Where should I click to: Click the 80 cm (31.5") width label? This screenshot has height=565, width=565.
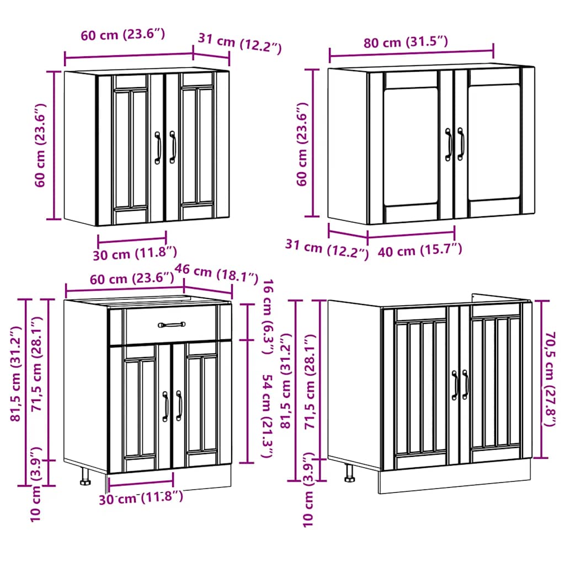tap(405, 42)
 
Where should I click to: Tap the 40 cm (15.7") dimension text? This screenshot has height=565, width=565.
tap(420, 250)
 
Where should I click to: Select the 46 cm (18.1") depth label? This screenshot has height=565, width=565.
tap(216, 272)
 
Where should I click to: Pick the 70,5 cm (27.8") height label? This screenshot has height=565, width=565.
tap(549, 379)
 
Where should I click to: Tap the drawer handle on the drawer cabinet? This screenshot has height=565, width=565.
tap(171, 325)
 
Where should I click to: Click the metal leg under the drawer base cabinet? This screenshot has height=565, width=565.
tap(86, 476)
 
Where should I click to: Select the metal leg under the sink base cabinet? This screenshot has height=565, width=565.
tap(349, 472)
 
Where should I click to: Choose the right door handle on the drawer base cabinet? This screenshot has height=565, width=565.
tap(179, 406)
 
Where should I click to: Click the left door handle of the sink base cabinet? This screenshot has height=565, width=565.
tap(455, 385)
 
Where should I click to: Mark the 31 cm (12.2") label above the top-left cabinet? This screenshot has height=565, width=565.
tap(239, 42)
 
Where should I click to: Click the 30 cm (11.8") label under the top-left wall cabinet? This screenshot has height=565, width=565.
tap(135, 253)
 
